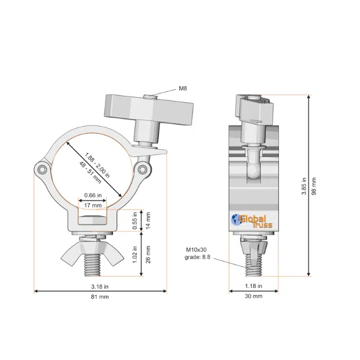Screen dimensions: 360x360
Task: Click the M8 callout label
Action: click(x=183, y=88)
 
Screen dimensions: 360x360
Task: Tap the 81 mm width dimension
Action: click(x=100, y=296)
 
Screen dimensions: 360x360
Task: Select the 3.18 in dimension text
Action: click(x=100, y=287)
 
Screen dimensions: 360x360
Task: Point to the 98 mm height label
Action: click(x=314, y=186)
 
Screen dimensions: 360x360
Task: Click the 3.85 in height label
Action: click(x=304, y=186)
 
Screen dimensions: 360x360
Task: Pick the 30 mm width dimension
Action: click(x=253, y=296)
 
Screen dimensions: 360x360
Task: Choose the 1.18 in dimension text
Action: click(x=253, y=286)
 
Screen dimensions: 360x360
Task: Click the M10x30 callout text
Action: click(x=196, y=250)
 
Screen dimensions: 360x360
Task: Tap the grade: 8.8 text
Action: click(x=197, y=257)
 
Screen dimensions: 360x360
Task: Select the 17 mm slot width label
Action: click(x=93, y=205)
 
